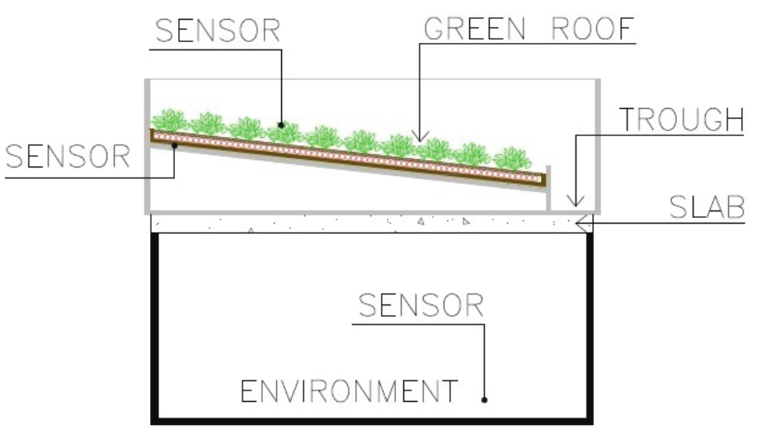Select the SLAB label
coord(706,207)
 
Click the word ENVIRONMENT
coord(349,390)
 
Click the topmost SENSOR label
coord(219,30)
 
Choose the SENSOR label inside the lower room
coord(421,306)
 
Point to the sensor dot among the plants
coord(281,125)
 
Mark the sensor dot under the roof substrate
coord(175,147)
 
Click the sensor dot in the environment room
coord(485,400)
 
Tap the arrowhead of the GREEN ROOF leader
coord(420,138)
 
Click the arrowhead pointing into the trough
coord(576,203)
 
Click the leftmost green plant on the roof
coord(171,120)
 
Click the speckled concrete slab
coord(363,222)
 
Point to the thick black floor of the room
coord(371,418)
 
